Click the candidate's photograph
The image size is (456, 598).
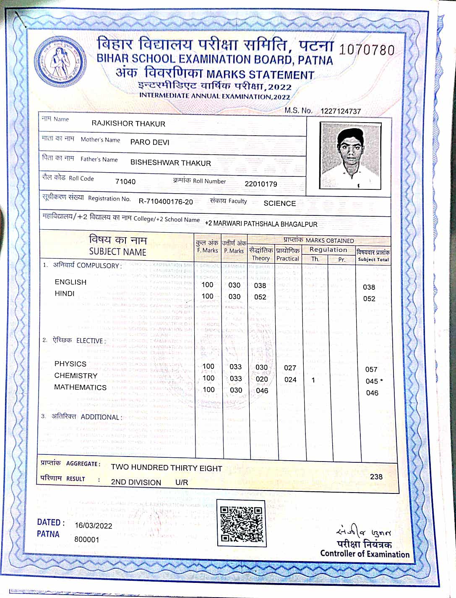point(350,156)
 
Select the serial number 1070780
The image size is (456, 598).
point(367,50)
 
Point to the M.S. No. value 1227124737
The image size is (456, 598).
point(341,111)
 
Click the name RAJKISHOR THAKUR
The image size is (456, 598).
point(128,124)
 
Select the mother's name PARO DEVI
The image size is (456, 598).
point(150,142)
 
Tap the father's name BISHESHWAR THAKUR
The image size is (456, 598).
point(171,163)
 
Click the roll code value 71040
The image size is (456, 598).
point(125,181)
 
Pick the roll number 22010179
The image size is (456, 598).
point(261,184)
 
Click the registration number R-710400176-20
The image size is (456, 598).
point(166,202)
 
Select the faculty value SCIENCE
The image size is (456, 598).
point(279,203)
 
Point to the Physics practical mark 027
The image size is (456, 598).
point(290,368)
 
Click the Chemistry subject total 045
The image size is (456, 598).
point(372,381)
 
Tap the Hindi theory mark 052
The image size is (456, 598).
point(260,297)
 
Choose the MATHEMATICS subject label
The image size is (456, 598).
point(80,387)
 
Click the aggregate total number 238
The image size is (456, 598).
point(376,477)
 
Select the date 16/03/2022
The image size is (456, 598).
point(94,526)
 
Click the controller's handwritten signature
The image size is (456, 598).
point(363,531)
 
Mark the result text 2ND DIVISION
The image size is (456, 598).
point(136,482)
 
